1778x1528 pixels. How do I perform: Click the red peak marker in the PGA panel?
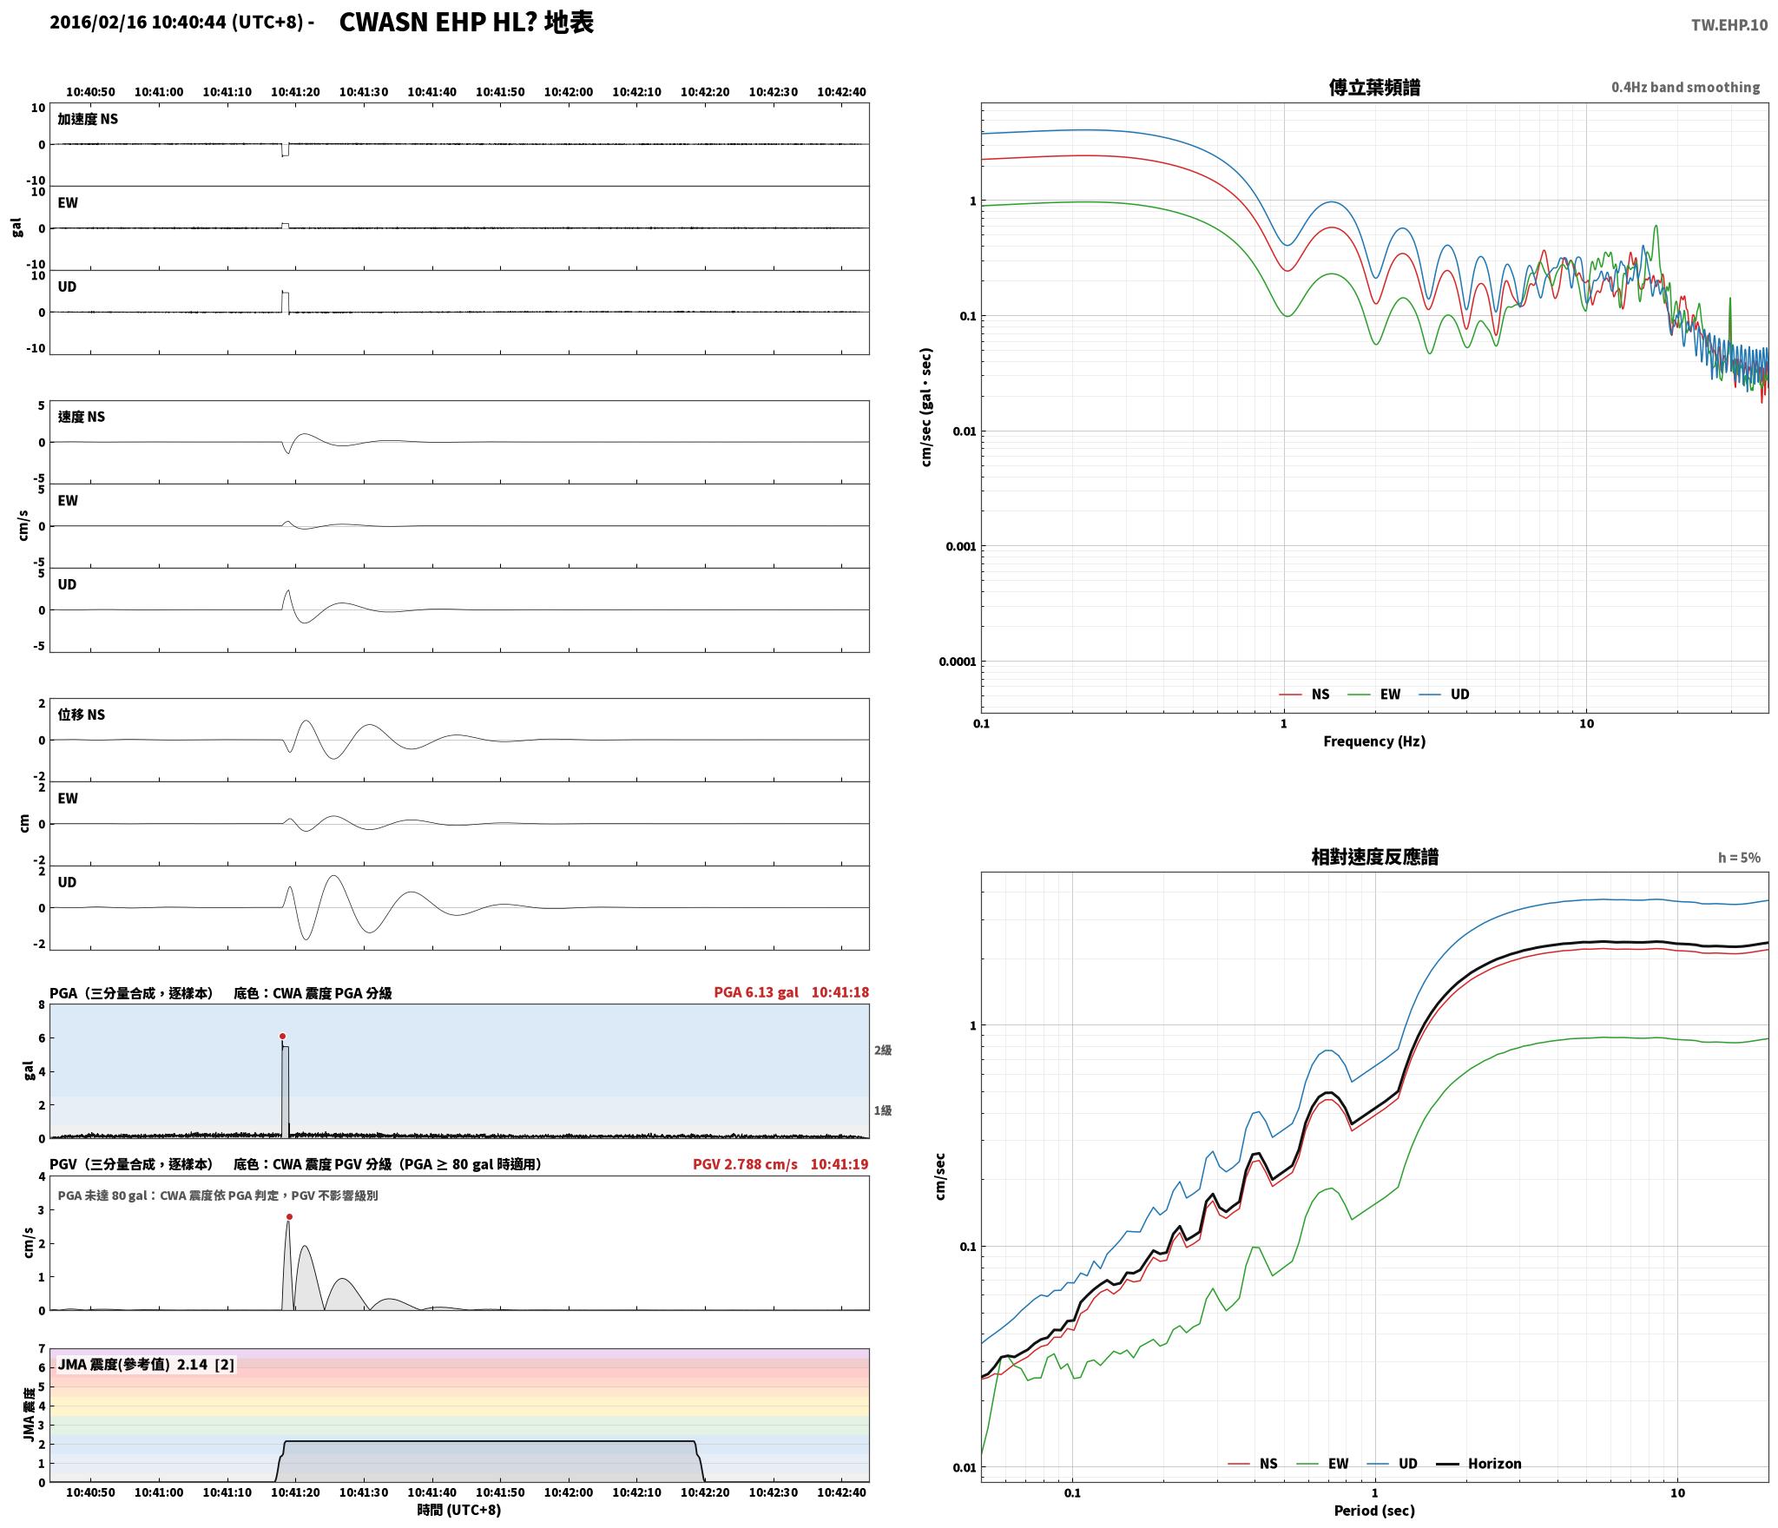(282, 1036)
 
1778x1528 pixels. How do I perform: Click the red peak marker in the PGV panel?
(289, 1216)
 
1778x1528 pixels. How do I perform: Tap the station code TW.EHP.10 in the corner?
(1729, 24)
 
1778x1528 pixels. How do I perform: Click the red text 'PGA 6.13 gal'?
(756, 991)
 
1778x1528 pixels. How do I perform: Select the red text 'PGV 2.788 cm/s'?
(745, 1163)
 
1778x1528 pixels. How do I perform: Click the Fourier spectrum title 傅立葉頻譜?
(1374, 87)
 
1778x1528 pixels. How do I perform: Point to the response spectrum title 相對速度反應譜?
(1374, 857)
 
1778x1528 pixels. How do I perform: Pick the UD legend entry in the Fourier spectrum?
(1444, 694)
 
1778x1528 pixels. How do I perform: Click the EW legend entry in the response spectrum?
(1322, 1463)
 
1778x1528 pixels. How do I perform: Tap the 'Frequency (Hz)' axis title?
(1374, 741)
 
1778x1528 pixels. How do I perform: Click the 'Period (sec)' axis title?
(1374, 1510)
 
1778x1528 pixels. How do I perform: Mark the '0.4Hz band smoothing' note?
(1685, 87)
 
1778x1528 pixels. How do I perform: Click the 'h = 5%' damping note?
(1739, 857)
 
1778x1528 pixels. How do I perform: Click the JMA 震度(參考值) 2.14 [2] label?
(146, 1364)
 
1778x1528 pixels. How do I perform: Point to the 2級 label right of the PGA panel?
(883, 1050)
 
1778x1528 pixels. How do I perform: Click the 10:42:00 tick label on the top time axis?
(569, 91)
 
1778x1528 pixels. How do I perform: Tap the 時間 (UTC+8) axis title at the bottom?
(459, 1509)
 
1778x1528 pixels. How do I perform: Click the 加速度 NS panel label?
(88, 119)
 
